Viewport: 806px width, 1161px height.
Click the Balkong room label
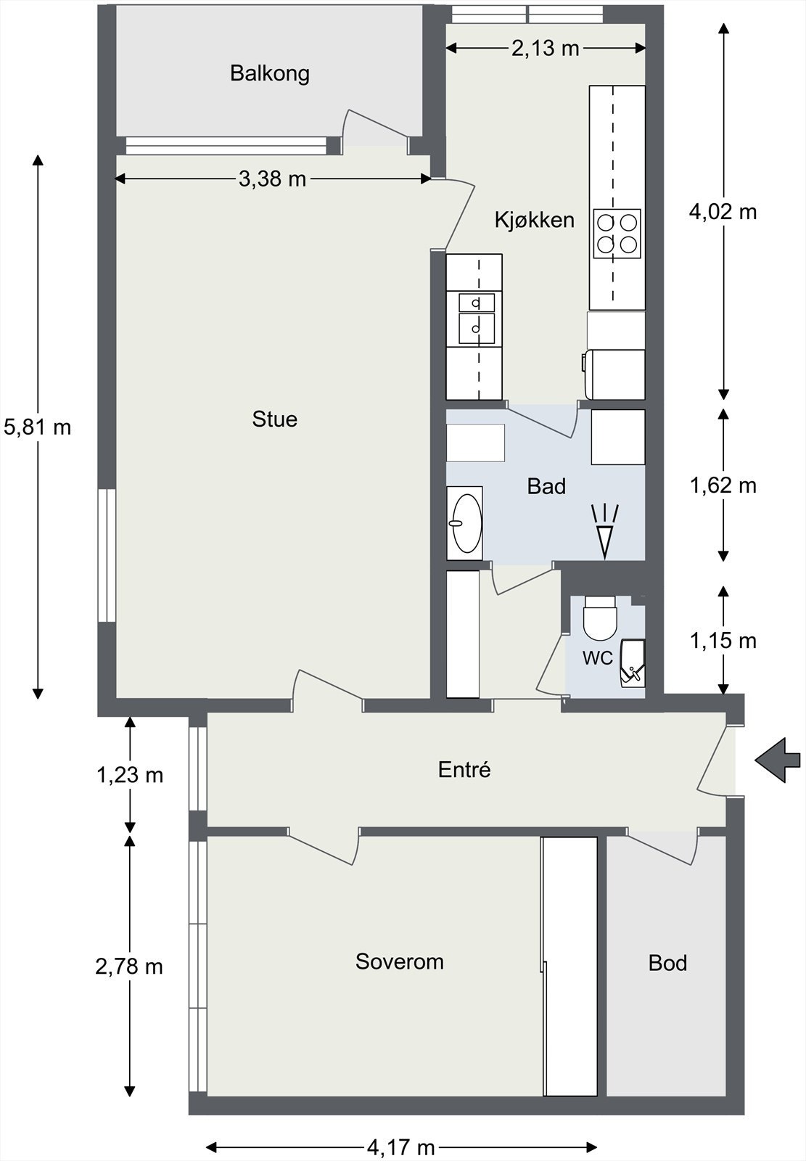[270, 73]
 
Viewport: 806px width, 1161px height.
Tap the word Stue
[275, 419]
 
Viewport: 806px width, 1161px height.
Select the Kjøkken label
[535, 220]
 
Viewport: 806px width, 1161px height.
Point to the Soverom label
[400, 961]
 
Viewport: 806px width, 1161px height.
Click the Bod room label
[667, 962]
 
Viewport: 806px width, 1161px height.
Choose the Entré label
[464, 769]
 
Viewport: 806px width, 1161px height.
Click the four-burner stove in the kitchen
[617, 234]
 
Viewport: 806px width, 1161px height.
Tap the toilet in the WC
[600, 618]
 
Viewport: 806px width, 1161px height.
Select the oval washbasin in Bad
[467, 522]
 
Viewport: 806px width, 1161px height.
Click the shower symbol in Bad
[605, 532]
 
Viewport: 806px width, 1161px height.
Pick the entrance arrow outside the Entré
[778, 760]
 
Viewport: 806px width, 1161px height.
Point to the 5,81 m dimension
[37, 427]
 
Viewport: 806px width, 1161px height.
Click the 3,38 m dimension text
[273, 179]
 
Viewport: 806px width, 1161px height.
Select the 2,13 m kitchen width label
[546, 48]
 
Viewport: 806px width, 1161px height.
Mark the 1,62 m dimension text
[723, 485]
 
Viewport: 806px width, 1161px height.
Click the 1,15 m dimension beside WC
[723, 641]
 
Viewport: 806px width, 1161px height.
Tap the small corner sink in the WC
[632, 663]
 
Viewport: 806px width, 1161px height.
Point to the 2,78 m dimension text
[129, 967]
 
